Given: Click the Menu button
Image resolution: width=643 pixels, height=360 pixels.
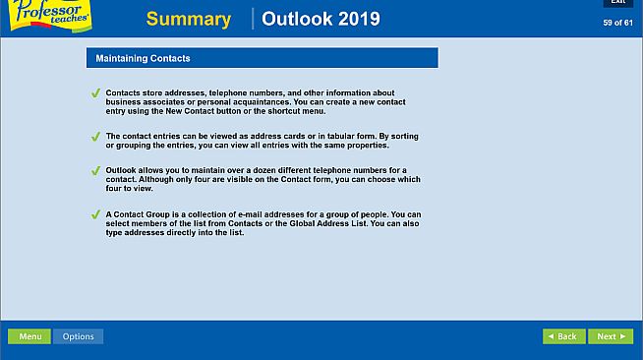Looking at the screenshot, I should pos(29,336).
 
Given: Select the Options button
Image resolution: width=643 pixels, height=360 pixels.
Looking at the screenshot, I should pos(78,336).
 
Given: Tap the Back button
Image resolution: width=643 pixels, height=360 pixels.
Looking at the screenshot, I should pos(563,336).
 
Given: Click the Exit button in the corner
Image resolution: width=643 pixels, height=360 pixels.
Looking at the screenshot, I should pos(617,3).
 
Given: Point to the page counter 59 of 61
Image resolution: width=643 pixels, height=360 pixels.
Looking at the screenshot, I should pos(617,23).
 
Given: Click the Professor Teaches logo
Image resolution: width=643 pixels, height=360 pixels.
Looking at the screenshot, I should pos(49,16).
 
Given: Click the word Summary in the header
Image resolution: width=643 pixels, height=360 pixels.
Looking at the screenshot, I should pos(189,20).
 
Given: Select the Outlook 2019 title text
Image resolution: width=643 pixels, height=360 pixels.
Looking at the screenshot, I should pos(321,20).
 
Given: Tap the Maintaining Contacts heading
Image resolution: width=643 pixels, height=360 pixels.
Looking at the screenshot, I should pos(143,59).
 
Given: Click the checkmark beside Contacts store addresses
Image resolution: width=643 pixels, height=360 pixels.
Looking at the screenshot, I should pos(95,93).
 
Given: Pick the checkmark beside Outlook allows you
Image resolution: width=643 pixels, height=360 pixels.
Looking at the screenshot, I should pos(95,171).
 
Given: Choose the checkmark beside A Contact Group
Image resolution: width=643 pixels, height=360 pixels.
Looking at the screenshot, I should pos(95,214).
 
